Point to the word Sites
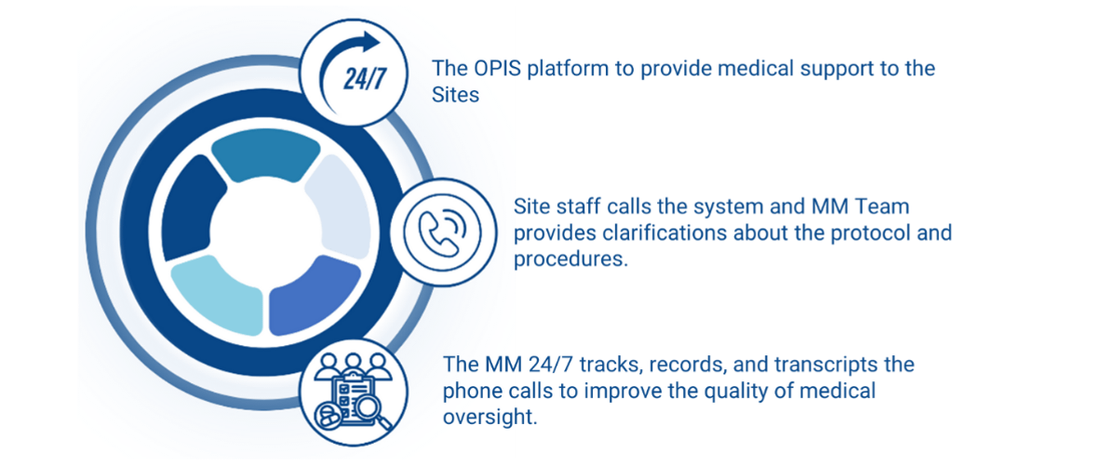pos(455,95)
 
